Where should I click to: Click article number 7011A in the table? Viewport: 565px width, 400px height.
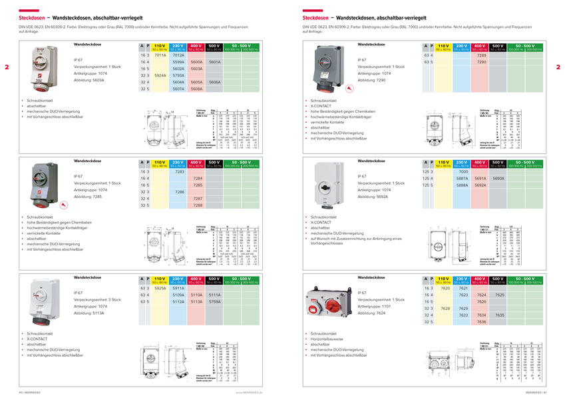click(160, 55)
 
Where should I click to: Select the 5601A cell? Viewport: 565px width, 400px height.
click(214, 62)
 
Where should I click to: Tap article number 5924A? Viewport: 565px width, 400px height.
click(160, 75)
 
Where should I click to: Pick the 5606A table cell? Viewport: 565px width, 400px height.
click(214, 82)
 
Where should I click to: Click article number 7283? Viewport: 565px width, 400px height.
click(179, 172)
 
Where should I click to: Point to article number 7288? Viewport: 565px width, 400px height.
click(197, 205)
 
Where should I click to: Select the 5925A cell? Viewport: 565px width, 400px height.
click(160, 288)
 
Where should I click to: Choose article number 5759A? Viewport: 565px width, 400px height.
click(214, 301)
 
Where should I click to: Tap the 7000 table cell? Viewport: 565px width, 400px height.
click(445, 172)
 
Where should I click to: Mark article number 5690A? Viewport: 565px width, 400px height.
click(498, 179)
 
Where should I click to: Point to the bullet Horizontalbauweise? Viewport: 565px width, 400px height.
click(327, 338)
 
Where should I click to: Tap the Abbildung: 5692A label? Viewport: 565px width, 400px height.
click(373, 197)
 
